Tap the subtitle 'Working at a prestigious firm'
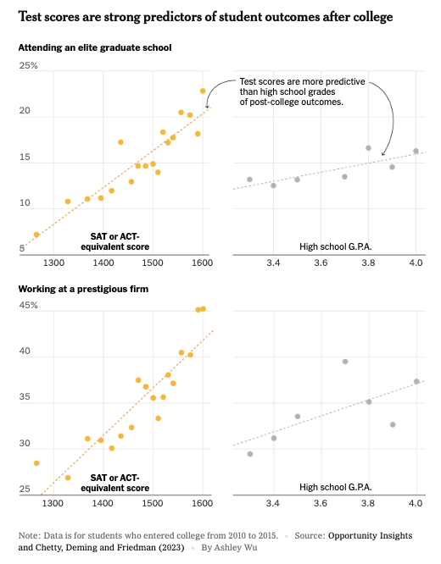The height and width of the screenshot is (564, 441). [84, 290]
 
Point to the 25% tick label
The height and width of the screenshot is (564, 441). [29, 66]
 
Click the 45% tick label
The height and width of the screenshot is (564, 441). [29, 306]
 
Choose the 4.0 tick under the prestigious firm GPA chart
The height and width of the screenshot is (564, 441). [416, 503]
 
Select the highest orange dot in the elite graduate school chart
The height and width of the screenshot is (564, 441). [203, 91]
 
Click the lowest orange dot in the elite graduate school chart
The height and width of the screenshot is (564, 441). [36, 235]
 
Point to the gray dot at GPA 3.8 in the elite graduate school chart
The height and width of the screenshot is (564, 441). [368, 148]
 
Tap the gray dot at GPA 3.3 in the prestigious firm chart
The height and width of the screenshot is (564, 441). [249, 454]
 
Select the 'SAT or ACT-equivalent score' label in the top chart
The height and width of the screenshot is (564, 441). [120, 241]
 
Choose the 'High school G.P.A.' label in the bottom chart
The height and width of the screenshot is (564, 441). [337, 487]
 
